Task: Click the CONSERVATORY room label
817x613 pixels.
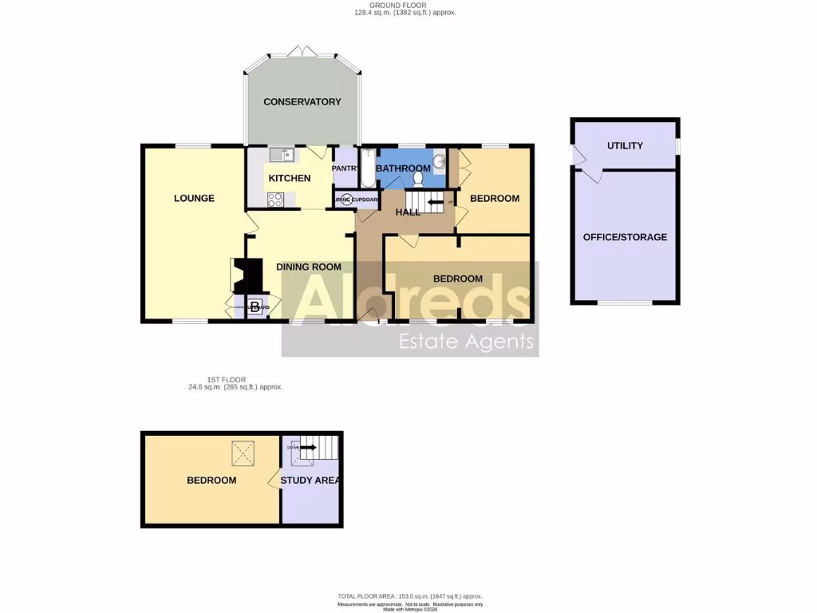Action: (302, 101)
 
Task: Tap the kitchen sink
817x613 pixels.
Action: (281, 155)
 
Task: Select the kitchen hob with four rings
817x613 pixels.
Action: (275, 200)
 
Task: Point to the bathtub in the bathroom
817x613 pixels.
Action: (367, 168)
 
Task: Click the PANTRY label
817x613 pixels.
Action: (345, 168)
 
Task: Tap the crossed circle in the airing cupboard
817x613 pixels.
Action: (346, 200)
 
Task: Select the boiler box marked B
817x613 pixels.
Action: (255, 306)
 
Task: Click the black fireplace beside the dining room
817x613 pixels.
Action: (252, 275)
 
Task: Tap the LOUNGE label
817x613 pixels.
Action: (194, 198)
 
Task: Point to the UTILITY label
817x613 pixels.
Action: (625, 146)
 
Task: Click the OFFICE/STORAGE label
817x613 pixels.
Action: (625, 237)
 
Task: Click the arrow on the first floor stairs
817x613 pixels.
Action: (307, 448)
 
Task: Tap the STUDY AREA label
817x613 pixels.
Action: (311, 481)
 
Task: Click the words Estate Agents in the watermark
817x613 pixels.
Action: (466, 342)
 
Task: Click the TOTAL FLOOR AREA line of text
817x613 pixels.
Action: (410, 596)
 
